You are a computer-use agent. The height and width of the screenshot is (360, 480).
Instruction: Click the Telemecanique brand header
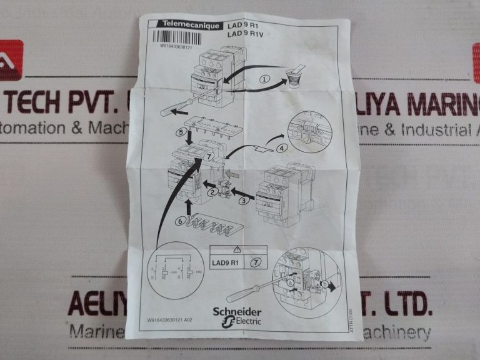coord(186,25)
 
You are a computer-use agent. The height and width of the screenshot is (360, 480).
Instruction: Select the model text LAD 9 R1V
coord(246,34)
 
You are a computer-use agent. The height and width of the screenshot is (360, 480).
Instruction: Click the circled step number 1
coord(265,79)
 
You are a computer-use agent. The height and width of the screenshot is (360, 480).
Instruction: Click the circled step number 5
coord(179,133)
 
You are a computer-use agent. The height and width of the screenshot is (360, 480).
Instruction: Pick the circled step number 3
coord(244,200)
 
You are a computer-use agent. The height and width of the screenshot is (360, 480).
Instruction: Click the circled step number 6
coord(180,220)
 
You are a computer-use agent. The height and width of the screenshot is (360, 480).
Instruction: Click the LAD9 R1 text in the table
coord(226,262)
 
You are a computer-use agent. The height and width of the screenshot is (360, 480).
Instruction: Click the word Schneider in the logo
coord(237,312)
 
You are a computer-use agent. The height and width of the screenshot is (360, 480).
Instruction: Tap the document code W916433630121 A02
coord(176,320)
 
